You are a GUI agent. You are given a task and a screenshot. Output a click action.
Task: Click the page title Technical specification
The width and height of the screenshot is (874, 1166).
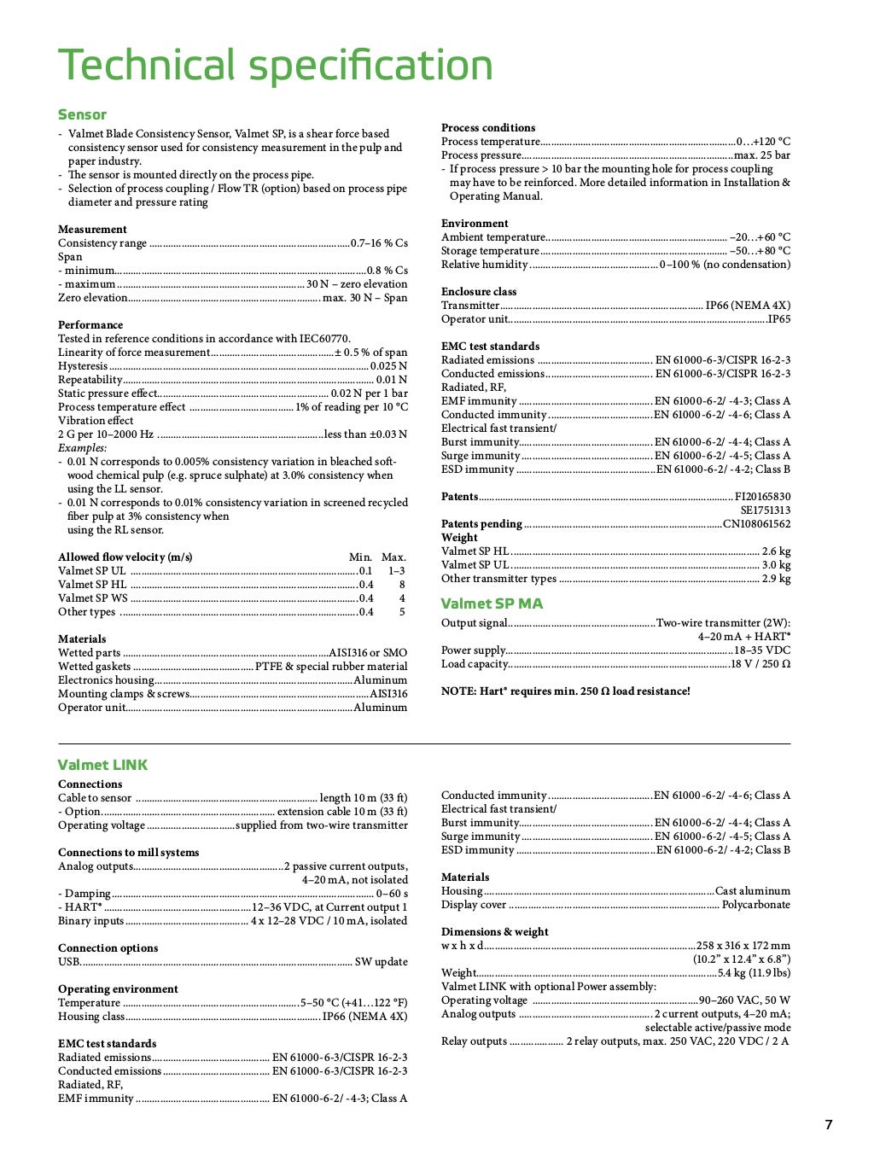click(275, 66)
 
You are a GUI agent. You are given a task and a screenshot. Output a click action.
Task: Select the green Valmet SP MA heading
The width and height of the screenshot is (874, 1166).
click(492, 603)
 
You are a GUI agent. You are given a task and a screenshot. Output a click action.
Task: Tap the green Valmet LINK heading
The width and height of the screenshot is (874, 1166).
click(102, 765)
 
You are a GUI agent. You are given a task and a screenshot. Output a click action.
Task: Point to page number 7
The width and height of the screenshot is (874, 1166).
click(828, 1124)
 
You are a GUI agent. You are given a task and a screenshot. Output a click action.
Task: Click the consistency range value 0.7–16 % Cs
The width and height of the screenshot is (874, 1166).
click(379, 243)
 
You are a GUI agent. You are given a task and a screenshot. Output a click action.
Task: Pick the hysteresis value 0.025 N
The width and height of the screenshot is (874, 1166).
click(388, 366)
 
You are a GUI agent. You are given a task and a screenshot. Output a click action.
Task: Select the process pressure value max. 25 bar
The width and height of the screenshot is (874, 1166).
click(762, 155)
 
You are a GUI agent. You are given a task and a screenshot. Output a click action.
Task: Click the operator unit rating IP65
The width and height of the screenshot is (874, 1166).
click(778, 319)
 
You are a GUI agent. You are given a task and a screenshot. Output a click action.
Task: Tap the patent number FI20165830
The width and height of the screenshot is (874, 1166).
click(762, 497)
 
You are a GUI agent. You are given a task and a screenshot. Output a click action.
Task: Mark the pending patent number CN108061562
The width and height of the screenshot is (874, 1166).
click(756, 524)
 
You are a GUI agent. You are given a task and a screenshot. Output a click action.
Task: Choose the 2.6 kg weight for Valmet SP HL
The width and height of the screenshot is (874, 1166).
click(776, 551)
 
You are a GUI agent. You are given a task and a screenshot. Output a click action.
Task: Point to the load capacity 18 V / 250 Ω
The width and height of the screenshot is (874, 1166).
click(760, 664)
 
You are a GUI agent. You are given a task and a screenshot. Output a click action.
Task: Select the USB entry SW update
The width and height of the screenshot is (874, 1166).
click(381, 962)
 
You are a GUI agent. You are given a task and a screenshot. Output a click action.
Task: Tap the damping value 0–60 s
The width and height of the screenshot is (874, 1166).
click(392, 894)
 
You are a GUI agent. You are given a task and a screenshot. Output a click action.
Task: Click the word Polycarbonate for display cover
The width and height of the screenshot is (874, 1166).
click(755, 905)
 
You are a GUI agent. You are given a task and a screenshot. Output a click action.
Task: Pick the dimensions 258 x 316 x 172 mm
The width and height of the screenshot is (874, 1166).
click(743, 946)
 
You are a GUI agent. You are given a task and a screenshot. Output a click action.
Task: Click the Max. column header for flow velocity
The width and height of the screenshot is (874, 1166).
click(393, 557)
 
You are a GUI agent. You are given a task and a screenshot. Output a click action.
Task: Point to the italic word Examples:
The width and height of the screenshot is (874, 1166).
click(83, 448)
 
